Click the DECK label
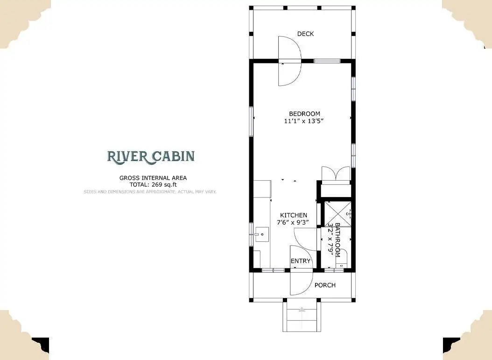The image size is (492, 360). (x=305, y=34)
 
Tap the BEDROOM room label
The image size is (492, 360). (x=304, y=113)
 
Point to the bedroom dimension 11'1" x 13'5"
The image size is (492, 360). (x=304, y=121)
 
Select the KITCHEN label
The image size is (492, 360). (x=294, y=215)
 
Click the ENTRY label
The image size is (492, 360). (x=300, y=261)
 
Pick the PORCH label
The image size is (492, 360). (x=325, y=285)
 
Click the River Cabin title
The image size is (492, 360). (x=151, y=156)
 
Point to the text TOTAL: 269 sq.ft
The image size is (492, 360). (x=153, y=184)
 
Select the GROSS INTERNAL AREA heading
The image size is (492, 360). (x=153, y=177)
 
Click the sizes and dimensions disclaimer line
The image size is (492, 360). (x=150, y=191)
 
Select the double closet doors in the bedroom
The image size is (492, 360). (x=336, y=173)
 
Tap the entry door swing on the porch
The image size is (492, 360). (x=302, y=282)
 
